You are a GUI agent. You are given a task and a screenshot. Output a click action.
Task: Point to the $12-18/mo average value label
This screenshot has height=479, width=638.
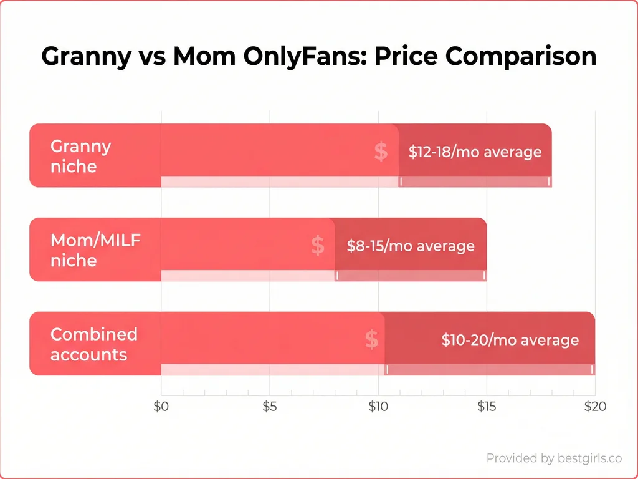(475, 152)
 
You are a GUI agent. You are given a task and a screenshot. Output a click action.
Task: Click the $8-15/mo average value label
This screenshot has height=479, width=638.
(411, 246)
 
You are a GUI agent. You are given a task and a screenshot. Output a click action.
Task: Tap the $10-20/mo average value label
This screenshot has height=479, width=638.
(510, 340)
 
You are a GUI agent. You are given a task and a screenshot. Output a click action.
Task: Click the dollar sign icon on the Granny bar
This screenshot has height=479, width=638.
(381, 152)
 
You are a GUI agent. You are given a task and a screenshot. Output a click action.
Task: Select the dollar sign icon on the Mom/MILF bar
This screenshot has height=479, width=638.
(317, 245)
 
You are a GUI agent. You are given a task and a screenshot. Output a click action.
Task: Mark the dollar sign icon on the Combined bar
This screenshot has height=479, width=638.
(371, 339)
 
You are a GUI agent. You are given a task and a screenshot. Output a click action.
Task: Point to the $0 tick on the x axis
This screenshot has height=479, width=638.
(161, 407)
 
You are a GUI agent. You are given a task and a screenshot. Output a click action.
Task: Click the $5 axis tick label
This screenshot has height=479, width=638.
(269, 407)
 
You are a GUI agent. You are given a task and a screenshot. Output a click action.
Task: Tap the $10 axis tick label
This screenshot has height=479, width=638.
(378, 407)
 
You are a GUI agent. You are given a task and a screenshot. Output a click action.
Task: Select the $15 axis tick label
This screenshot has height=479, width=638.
(486, 407)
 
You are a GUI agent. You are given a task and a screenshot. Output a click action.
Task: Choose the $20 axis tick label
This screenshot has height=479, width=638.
(594, 407)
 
